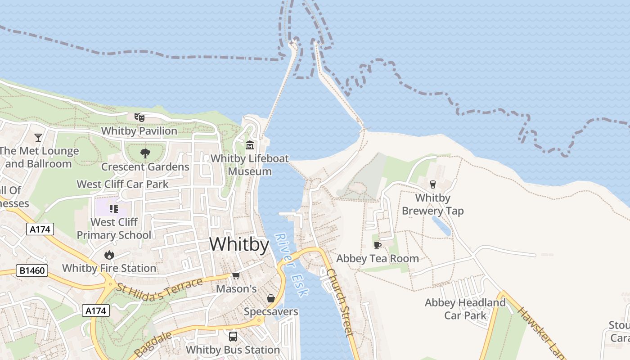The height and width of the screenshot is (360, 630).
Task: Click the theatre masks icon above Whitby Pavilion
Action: pyautogui.click(x=139, y=117)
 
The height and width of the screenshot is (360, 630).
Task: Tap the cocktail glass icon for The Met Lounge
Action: pyautogui.click(x=38, y=137)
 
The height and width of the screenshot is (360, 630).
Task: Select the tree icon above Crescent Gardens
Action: pyautogui.click(x=145, y=153)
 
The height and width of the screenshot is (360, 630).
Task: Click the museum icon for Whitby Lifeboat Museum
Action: pyautogui.click(x=250, y=145)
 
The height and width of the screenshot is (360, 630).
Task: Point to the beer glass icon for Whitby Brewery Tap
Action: pyautogui.click(x=432, y=184)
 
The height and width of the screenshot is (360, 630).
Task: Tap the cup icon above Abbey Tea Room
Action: pyautogui.click(x=378, y=245)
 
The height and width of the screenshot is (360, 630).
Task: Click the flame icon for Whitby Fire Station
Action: pyautogui.click(x=109, y=255)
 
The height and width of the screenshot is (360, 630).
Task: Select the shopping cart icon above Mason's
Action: pyautogui.click(x=236, y=275)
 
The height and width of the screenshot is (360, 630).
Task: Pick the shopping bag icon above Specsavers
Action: pyautogui.click(x=271, y=298)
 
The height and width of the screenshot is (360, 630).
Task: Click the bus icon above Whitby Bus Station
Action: pyautogui.click(x=233, y=336)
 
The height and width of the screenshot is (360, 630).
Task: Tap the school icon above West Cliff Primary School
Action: pyautogui.click(x=114, y=208)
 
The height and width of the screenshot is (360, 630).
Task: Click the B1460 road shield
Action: pyautogui.click(x=31, y=270)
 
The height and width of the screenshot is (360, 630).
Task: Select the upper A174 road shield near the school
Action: pyautogui.click(x=40, y=229)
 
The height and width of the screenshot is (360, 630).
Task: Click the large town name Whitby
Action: pyautogui.click(x=239, y=244)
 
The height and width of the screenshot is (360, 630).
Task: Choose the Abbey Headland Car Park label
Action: pyautogui.click(x=465, y=309)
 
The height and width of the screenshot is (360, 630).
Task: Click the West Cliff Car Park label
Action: pyautogui.click(x=122, y=184)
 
